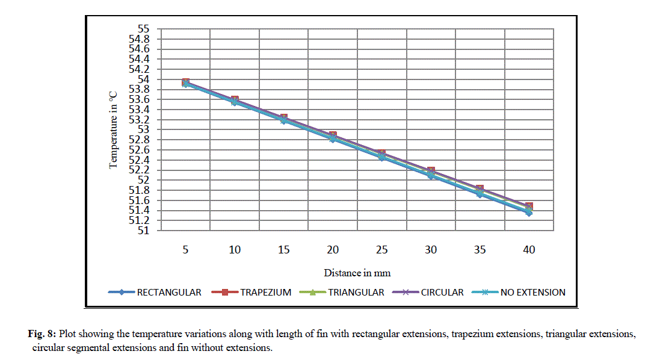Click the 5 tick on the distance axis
coord(186,250)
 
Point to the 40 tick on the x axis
coord(528,250)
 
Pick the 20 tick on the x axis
coord(333,250)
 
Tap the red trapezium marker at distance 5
coord(186,82)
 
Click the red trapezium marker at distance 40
coord(529,206)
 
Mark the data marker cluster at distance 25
coord(381,155)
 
